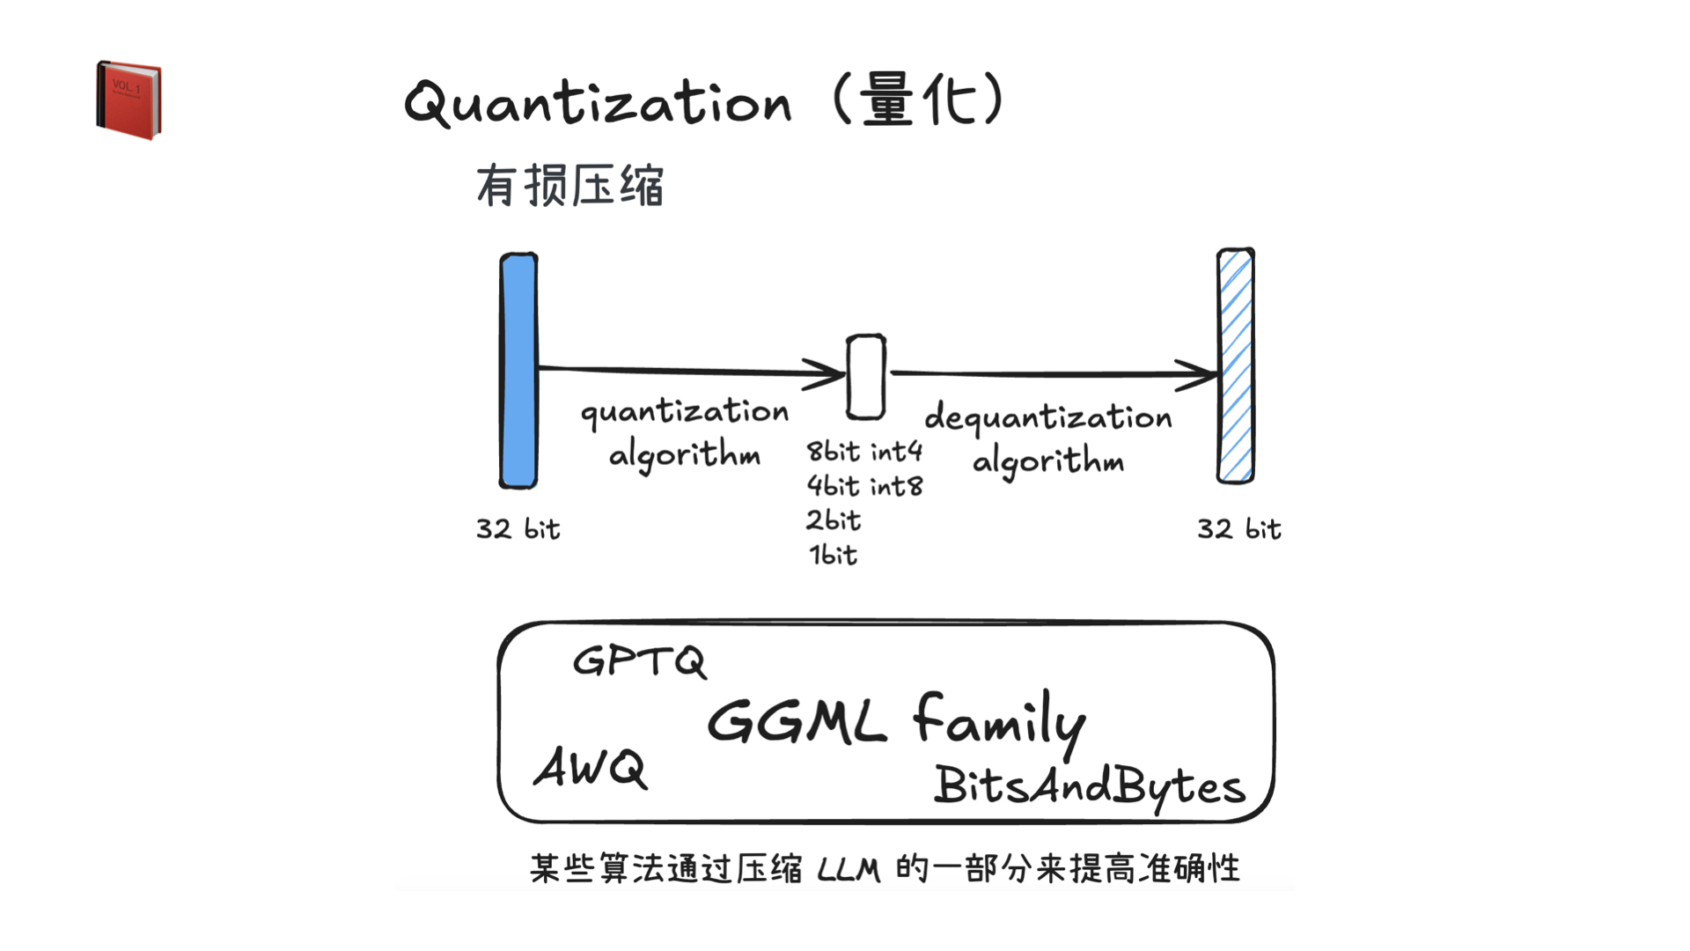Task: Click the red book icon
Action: [129, 100]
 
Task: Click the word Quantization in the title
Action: [598, 104]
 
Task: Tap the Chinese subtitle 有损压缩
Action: [569, 186]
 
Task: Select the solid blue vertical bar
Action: [518, 370]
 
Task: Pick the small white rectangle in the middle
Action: [865, 377]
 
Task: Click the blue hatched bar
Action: [1235, 366]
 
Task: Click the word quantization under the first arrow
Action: [684, 412]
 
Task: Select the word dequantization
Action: [1047, 417]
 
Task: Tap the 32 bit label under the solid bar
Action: [518, 528]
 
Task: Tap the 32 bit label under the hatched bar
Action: [1238, 528]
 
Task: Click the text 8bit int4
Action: [864, 452]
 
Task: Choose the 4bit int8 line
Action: [864, 486]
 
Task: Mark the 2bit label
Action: [833, 520]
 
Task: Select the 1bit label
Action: [833, 555]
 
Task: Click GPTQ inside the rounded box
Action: [639, 661]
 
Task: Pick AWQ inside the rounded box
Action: [591, 768]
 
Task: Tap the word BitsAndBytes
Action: [1089, 785]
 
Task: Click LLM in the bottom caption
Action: [849, 870]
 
